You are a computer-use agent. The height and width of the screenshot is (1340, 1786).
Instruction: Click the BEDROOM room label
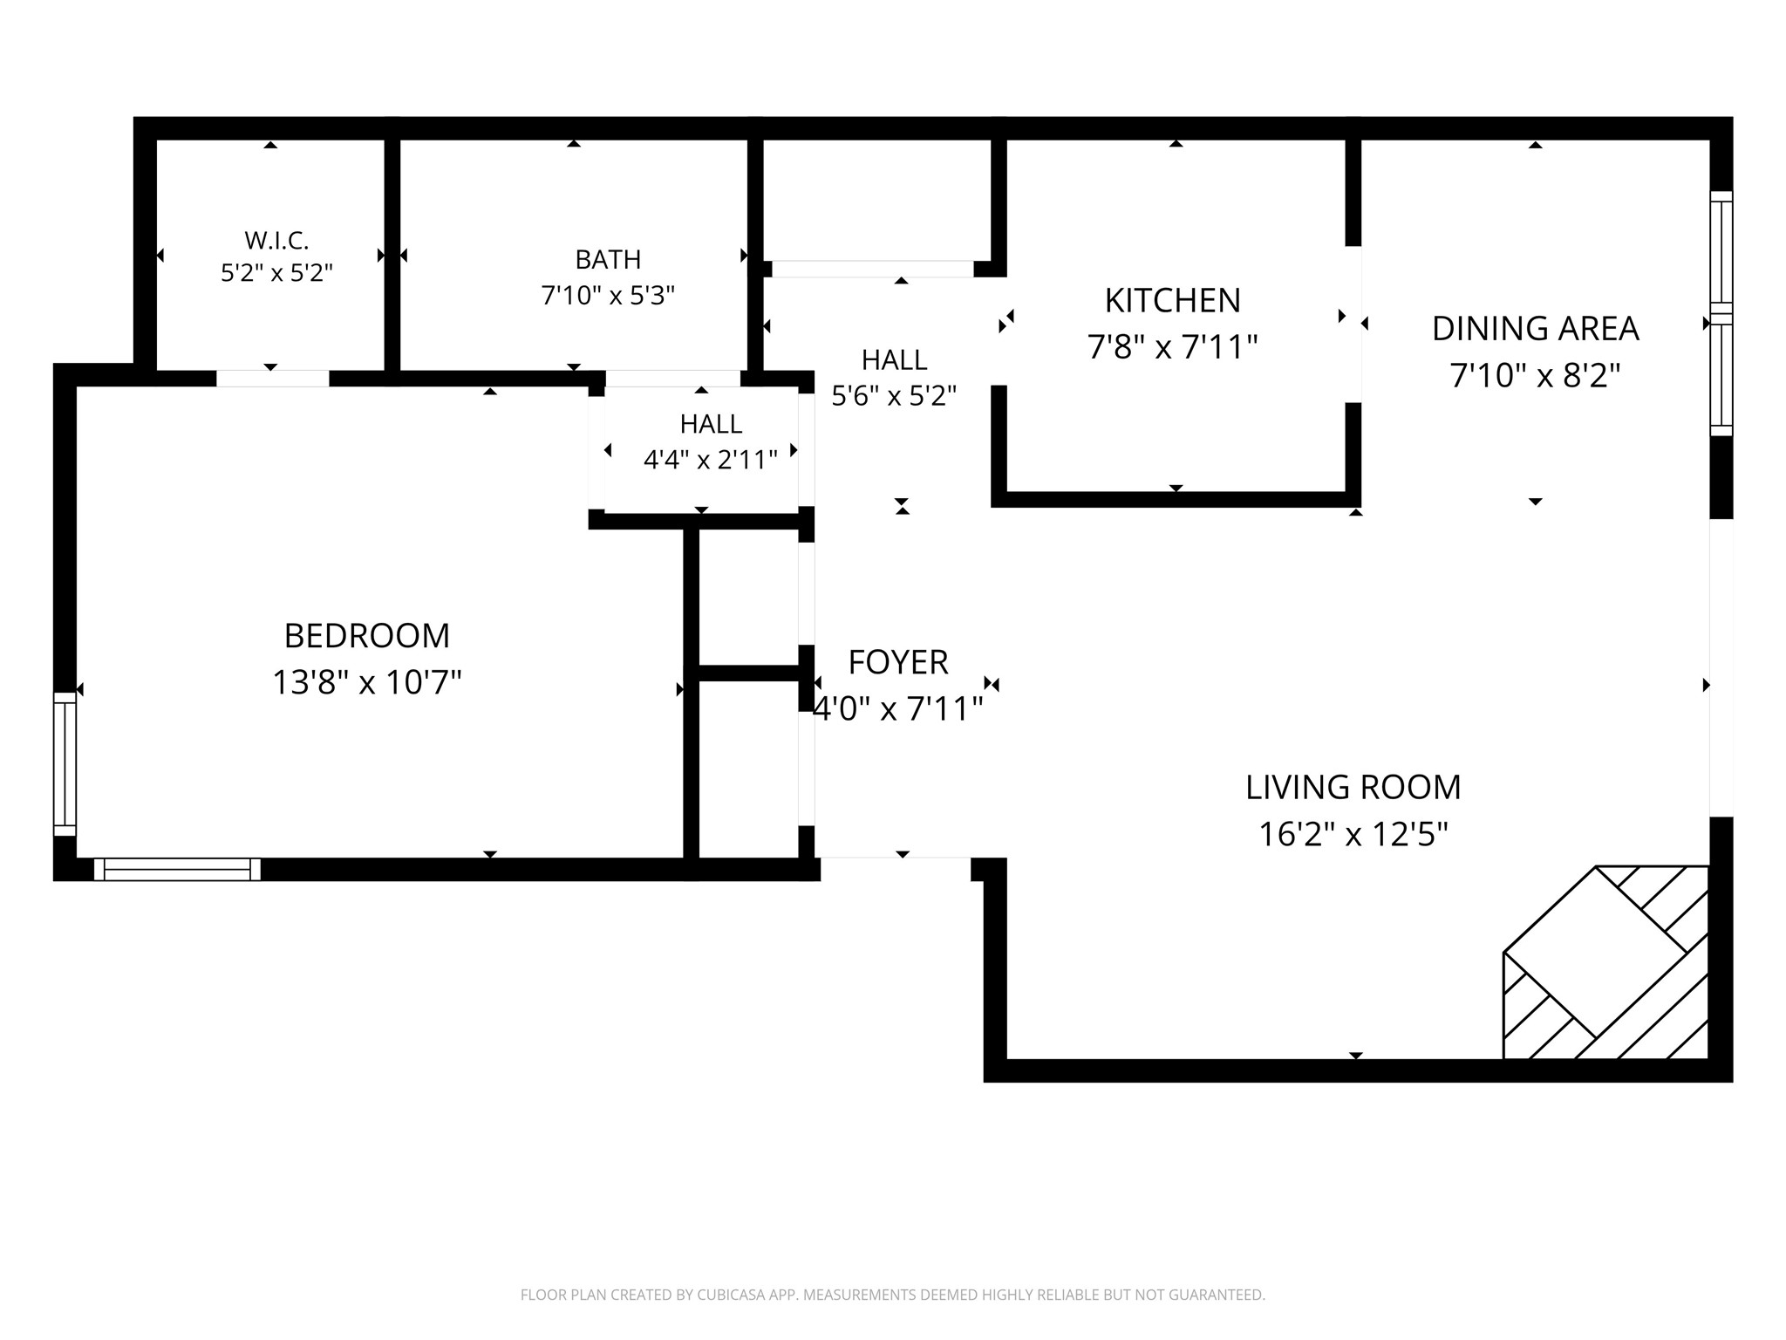tap(367, 636)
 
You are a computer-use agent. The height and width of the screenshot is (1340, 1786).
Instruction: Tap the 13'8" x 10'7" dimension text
tap(367, 682)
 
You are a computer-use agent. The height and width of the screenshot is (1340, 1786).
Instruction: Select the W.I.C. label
tap(276, 240)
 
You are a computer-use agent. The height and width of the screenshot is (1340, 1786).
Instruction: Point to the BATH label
tap(608, 260)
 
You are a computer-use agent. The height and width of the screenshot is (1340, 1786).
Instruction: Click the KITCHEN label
tap(1172, 301)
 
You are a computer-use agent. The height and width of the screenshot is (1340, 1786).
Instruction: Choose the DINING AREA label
tap(1535, 329)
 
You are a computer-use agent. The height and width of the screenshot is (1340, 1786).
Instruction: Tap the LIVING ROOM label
tap(1353, 788)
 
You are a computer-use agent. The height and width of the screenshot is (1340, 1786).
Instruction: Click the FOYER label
tap(898, 663)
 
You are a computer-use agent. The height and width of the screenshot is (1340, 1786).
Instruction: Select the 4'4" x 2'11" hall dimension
tap(711, 460)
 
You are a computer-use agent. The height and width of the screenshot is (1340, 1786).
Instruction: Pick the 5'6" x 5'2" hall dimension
tap(894, 397)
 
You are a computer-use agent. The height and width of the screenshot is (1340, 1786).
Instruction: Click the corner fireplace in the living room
tap(1605, 962)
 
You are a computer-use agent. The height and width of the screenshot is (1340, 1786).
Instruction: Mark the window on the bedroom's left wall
tap(65, 764)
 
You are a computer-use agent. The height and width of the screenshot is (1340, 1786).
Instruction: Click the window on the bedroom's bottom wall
tap(177, 869)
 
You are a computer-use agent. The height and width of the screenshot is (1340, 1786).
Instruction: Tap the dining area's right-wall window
tap(1721, 313)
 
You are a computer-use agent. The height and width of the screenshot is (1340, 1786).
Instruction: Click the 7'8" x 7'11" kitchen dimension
tap(1172, 348)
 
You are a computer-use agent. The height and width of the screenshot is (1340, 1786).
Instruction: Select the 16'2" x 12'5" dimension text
tap(1353, 835)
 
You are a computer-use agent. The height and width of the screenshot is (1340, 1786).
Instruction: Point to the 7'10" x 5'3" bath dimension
tap(608, 297)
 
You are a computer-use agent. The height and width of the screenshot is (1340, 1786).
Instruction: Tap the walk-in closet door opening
tap(273, 379)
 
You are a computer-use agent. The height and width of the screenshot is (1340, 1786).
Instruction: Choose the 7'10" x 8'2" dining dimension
tap(1535, 376)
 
